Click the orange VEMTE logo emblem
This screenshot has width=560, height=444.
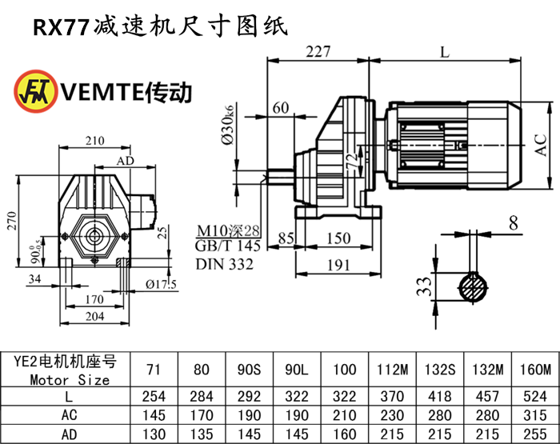tap(34, 92)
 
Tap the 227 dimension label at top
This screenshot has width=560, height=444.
tap(318, 52)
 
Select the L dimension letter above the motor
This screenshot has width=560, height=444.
tap(445, 52)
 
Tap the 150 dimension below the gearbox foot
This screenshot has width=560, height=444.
tap(338, 238)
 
